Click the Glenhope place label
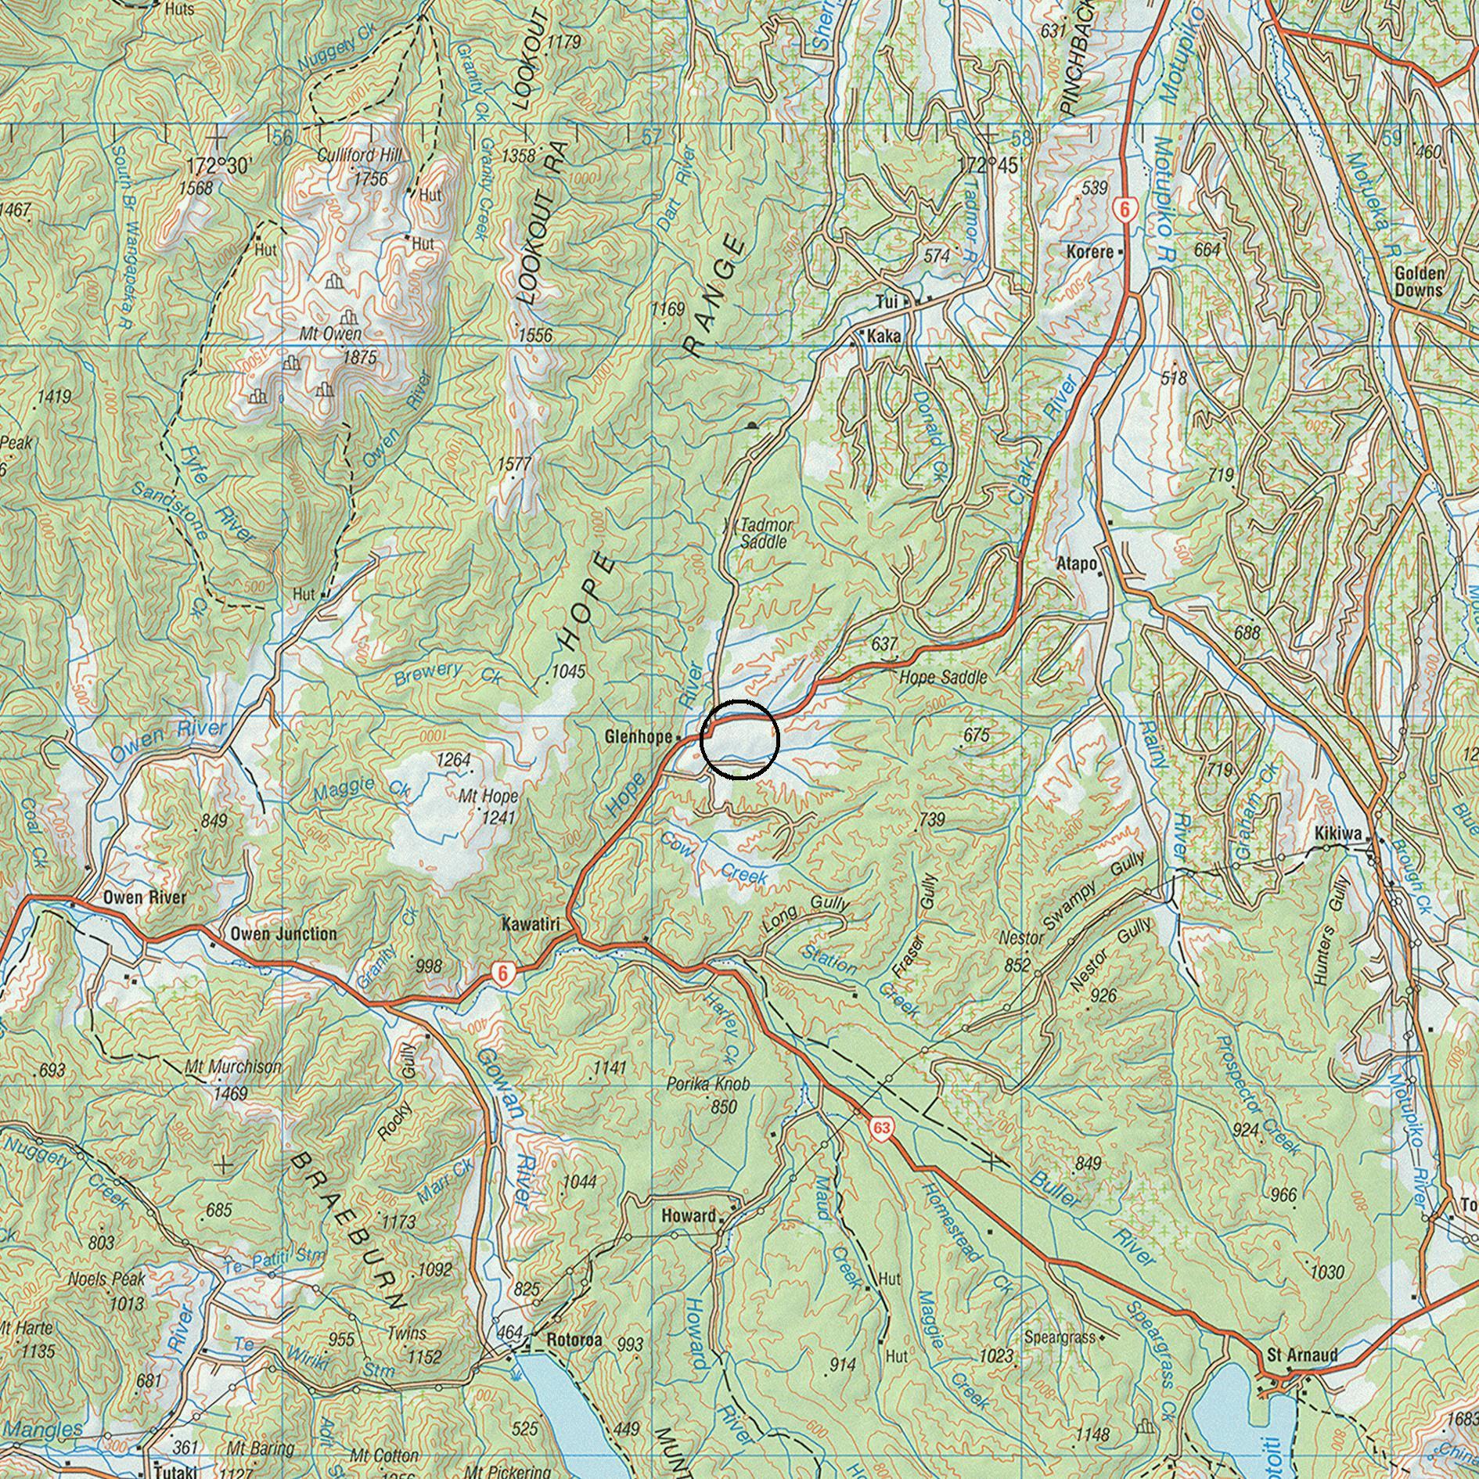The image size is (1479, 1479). (x=638, y=737)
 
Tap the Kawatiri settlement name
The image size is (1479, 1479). (x=531, y=926)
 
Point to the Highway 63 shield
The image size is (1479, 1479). (x=882, y=1128)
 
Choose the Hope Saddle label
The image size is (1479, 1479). (x=943, y=678)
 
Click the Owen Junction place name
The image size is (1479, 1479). (x=283, y=934)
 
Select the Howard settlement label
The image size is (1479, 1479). (x=689, y=1216)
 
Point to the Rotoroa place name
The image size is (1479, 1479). (x=574, y=1340)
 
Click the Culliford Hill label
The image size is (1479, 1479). (x=359, y=155)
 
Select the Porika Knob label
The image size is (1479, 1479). (x=707, y=1085)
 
